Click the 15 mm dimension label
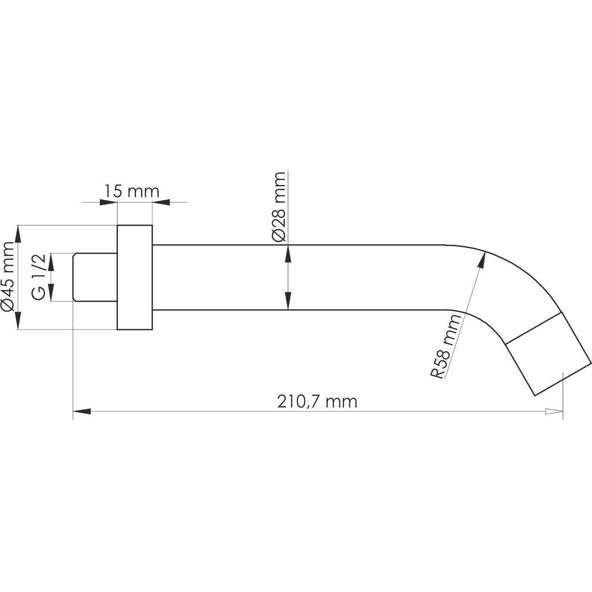132,191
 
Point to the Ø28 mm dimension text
279,207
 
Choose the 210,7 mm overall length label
318,401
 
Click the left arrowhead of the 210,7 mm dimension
82,411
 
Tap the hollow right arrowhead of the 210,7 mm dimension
554,411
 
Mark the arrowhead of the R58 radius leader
482,261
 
